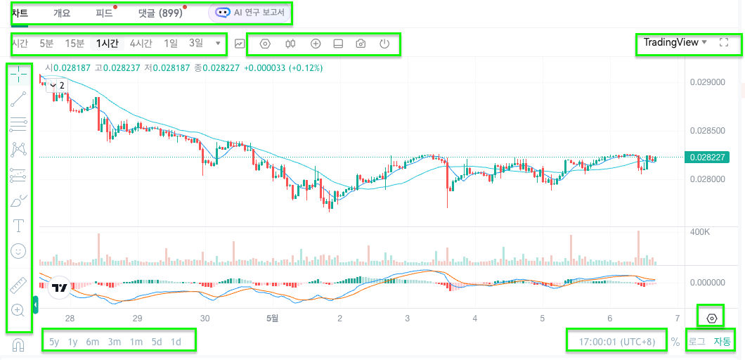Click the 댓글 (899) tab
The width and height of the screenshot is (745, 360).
pos(157,13)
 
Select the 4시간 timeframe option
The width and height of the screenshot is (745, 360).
pos(141,44)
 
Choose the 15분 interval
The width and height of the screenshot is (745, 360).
pos(74,44)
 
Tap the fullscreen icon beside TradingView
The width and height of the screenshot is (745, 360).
pos(724,42)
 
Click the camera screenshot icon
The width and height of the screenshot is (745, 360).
pos(361,44)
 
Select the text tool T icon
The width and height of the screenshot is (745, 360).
pos(18,225)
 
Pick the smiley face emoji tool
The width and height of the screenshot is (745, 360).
pos(18,251)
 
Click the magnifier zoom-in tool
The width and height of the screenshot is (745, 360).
pos(18,311)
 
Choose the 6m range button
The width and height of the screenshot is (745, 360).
pos(92,342)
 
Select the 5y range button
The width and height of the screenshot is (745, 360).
pos(55,342)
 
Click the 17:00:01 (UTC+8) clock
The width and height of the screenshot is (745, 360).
pos(616,342)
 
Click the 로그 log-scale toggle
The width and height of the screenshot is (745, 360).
pos(697,342)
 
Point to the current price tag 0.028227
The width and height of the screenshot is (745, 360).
pos(707,157)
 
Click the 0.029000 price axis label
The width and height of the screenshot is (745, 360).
pos(708,82)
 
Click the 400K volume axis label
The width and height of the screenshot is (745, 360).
pos(701,233)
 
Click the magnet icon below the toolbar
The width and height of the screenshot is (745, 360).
pos(18,345)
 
